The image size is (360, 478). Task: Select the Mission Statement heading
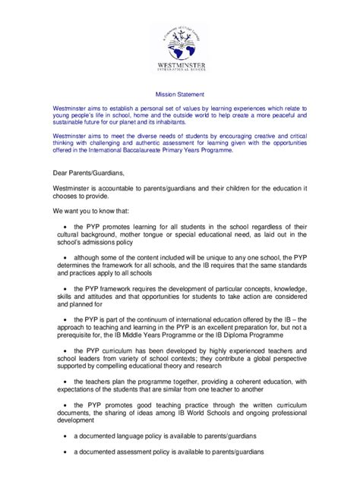click(x=179, y=97)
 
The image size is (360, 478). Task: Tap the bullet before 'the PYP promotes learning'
click(x=67, y=226)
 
